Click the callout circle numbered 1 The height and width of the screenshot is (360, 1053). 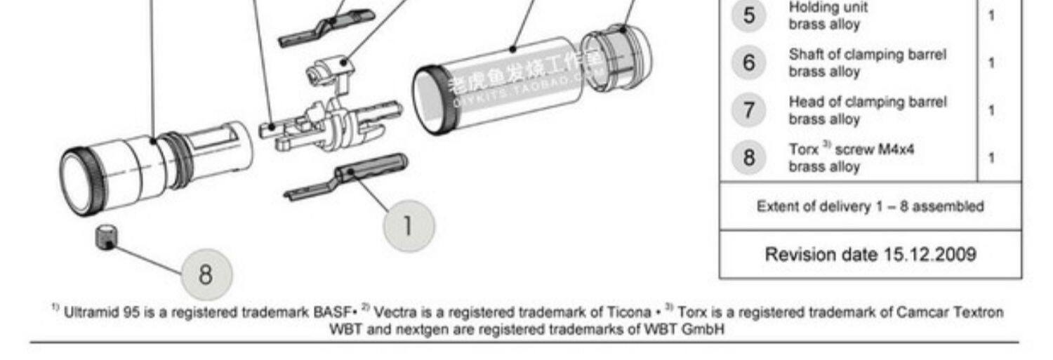click(409, 226)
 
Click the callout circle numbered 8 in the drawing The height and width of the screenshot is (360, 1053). click(206, 274)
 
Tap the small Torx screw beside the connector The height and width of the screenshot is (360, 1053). click(105, 236)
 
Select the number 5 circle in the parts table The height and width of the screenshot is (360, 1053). click(750, 15)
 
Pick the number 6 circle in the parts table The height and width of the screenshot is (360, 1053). click(750, 63)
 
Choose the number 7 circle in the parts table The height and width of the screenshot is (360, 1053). click(750, 110)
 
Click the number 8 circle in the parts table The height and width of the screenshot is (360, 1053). click(750, 158)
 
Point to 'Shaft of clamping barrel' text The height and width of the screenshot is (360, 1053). click(867, 55)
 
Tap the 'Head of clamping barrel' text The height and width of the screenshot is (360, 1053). click(867, 102)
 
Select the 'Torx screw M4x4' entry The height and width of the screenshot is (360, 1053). click(852, 149)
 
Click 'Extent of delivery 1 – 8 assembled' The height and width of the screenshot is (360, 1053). click(870, 207)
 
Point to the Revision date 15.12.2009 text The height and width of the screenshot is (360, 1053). click(870, 254)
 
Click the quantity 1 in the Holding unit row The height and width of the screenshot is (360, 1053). click(991, 15)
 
